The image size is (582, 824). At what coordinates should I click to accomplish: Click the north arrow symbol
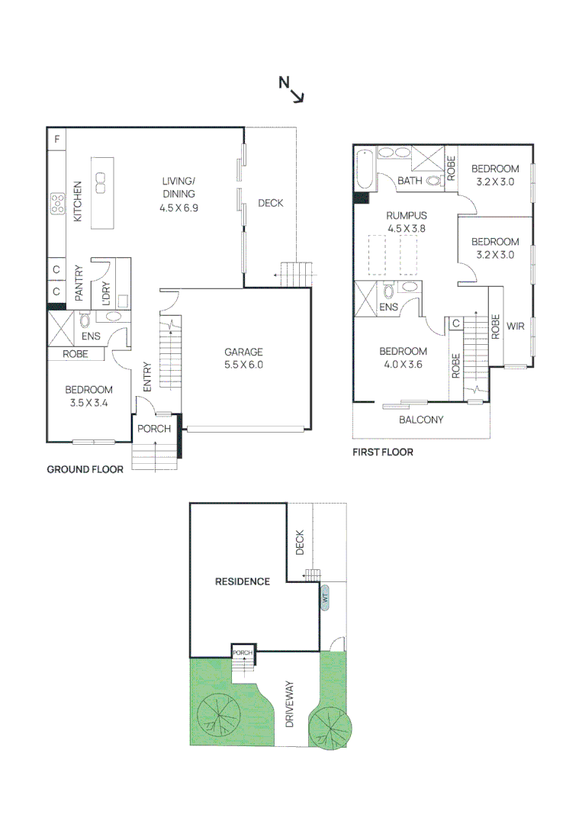coord(292,90)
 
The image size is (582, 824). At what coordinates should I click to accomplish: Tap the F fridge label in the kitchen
coord(56,140)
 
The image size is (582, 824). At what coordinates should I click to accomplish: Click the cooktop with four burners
coord(57,202)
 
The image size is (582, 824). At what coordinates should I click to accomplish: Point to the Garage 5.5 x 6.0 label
coord(243,358)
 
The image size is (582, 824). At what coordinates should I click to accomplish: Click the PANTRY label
coord(78,283)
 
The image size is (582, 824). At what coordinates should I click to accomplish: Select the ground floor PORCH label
coord(154,429)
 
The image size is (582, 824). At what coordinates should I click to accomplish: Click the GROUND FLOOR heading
coord(85,470)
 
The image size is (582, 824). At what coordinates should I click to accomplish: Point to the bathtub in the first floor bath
coord(364,172)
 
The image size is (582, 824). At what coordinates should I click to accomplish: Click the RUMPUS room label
coord(406,221)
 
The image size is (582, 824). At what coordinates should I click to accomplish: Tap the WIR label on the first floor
coord(516,326)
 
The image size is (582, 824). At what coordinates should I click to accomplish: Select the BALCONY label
coord(421,420)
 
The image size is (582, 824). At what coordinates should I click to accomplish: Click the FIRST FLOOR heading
coord(382,452)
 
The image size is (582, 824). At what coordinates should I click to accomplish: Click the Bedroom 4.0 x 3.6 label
coord(404,357)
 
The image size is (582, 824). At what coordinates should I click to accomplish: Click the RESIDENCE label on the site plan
coord(243,581)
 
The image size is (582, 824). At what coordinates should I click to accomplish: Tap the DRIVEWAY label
coord(290,703)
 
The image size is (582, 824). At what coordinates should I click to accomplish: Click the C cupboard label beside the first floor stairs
coord(455,323)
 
